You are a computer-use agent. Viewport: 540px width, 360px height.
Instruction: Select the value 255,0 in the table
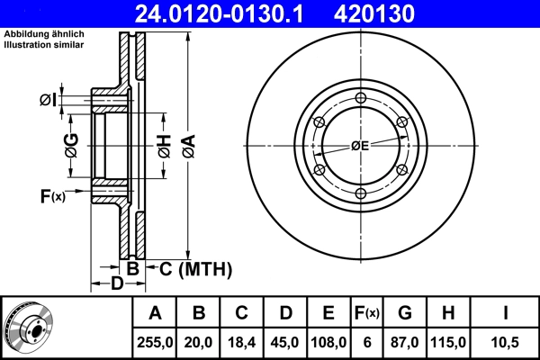[x=155, y=342]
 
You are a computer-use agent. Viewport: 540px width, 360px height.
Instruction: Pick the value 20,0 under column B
[x=199, y=342]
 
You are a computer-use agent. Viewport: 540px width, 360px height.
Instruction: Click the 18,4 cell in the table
[x=241, y=342]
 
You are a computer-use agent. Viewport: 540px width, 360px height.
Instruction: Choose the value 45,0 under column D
[x=285, y=342]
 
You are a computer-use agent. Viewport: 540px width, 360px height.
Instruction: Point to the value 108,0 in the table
[x=328, y=342]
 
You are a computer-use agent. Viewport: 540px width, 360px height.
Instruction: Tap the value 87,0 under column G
[x=405, y=342]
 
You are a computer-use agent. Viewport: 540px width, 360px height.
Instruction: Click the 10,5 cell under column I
[x=505, y=342]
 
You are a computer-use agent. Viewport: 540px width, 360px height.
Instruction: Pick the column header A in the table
[x=155, y=313]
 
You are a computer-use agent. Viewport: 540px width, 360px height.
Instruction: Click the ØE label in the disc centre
[x=360, y=145]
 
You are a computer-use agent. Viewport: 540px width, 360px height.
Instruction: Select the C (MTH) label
[x=195, y=268]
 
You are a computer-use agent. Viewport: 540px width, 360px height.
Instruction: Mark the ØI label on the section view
[x=49, y=99]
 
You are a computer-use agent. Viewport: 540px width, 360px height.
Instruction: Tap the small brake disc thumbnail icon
[x=28, y=328]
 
